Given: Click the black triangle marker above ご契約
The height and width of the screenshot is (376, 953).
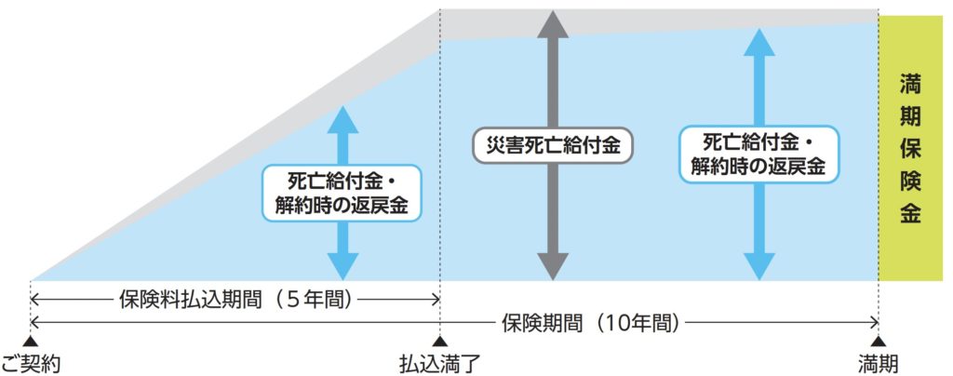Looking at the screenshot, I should click(x=31, y=342).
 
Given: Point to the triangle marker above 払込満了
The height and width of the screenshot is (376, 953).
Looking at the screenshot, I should click(x=439, y=342).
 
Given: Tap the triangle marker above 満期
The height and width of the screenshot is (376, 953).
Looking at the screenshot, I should click(x=879, y=342).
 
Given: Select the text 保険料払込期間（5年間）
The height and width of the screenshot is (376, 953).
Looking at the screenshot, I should click(x=234, y=300).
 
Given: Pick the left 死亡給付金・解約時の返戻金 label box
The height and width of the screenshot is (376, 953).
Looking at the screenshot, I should click(x=343, y=192).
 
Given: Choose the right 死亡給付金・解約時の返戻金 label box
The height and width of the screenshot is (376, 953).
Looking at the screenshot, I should click(x=759, y=154).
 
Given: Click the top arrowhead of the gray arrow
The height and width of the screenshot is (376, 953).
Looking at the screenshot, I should click(x=553, y=23).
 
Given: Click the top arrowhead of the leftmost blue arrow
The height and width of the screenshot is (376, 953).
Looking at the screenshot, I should click(x=343, y=118).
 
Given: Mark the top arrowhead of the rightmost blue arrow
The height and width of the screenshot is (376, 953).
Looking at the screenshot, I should click(x=759, y=41).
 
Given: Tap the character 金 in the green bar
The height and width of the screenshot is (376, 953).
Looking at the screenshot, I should click(x=910, y=213).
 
